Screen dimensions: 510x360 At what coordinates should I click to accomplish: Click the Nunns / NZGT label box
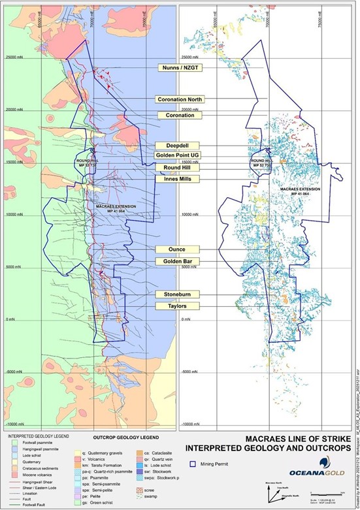coord(178,69)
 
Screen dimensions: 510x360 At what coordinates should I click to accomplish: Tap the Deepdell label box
coord(177,146)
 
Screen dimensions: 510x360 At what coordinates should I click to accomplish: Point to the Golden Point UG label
coord(177,155)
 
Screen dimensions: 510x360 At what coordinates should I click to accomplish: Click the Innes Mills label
coord(177,179)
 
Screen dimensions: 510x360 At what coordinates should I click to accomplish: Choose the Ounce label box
coord(177,249)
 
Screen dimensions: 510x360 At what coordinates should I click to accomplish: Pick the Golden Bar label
coord(177,261)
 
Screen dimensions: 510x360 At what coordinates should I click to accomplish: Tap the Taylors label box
coord(177,306)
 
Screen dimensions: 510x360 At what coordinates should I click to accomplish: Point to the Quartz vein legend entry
coord(153,458)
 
